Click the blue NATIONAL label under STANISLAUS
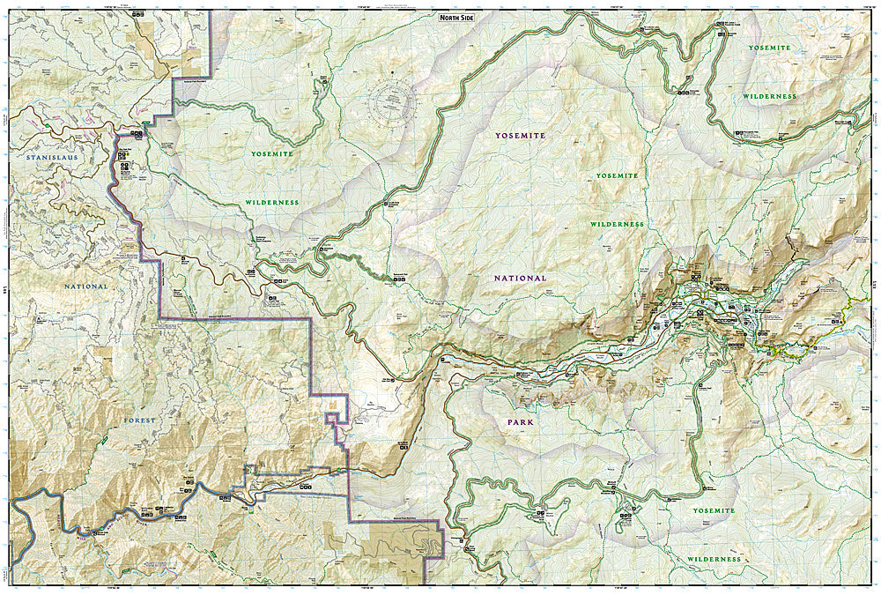point(85,286)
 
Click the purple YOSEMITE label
point(519,136)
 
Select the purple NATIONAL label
point(520,278)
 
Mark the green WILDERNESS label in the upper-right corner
point(768,96)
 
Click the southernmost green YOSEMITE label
point(714,511)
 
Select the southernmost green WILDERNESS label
point(714,560)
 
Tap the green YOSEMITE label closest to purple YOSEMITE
point(616,176)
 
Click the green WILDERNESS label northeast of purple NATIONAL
point(617,225)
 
